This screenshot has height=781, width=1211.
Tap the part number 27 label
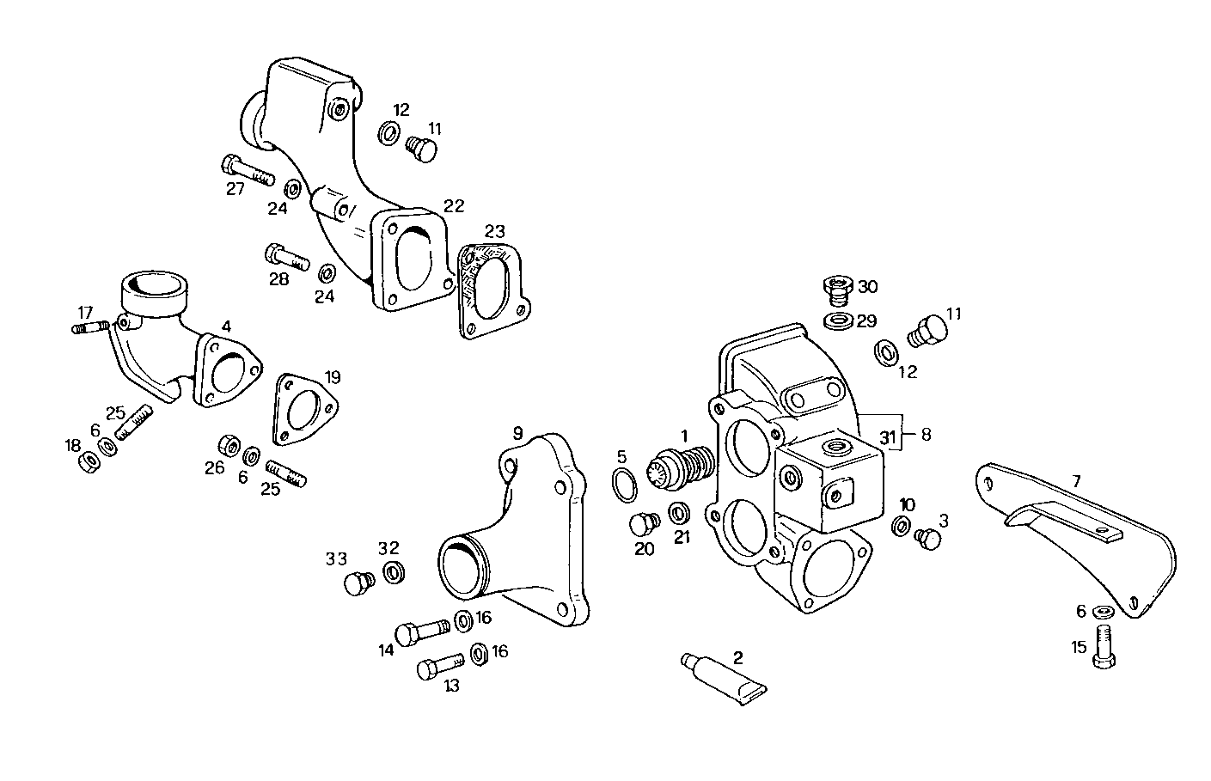(x=235, y=189)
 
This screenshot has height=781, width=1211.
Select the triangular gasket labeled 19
(x=304, y=410)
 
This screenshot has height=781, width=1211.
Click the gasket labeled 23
(x=492, y=290)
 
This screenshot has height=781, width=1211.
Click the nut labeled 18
(x=87, y=462)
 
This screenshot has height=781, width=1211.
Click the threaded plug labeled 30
(x=835, y=290)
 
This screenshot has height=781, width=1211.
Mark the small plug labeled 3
(x=928, y=537)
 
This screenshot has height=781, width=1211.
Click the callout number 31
(x=887, y=436)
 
